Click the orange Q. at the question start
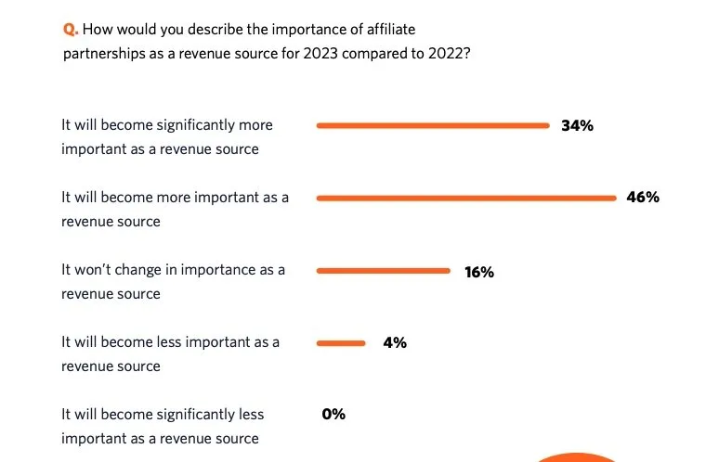(x=70, y=31)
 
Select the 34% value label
(x=577, y=125)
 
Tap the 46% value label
(x=643, y=198)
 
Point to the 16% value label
(x=479, y=272)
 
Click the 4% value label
(x=394, y=343)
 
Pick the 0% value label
(x=333, y=415)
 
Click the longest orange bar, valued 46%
(x=466, y=198)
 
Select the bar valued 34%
(x=433, y=125)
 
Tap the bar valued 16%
(x=383, y=271)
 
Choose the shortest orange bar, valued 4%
(x=342, y=343)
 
